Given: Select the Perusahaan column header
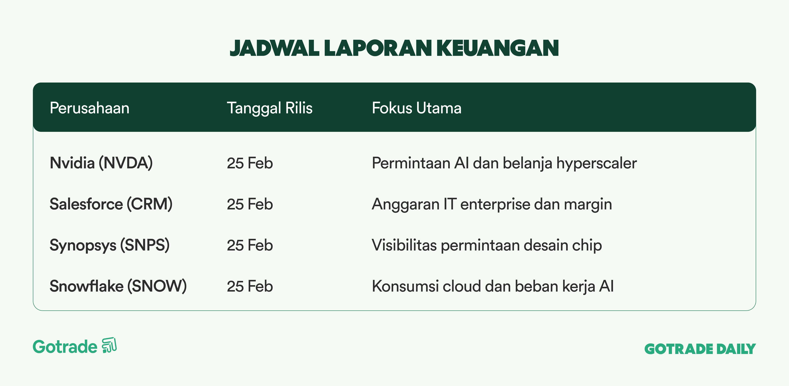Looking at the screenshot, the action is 89,108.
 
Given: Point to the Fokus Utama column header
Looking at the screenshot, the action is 417,108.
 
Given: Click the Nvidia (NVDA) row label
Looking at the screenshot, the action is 101,163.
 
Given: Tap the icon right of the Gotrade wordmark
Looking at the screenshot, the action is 109,345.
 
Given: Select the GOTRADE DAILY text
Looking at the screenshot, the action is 700,349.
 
